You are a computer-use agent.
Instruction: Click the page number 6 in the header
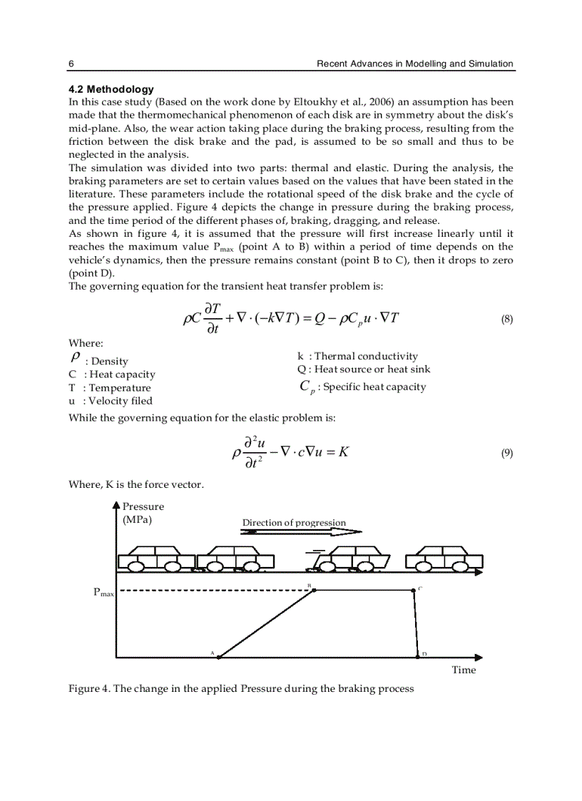[71, 63]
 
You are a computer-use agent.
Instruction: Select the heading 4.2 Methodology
[111, 89]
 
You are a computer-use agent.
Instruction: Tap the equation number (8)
[506, 320]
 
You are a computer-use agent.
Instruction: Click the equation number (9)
[506, 453]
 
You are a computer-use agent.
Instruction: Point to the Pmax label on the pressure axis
[103, 592]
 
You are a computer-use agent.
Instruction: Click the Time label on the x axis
[464, 670]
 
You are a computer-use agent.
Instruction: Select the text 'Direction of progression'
[294, 523]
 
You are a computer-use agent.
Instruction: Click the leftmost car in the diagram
[155, 559]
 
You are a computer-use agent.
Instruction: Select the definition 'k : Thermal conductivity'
[357, 356]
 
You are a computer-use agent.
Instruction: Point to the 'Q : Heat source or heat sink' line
[364, 369]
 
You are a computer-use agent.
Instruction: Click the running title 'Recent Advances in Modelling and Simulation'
[414, 63]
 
